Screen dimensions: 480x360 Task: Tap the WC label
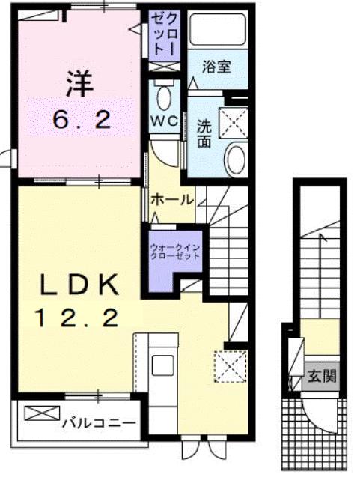point(163,120)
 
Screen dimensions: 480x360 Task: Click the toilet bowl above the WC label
point(164,96)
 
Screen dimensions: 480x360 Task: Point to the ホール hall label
point(172,200)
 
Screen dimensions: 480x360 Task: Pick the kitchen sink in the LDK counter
point(163,368)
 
